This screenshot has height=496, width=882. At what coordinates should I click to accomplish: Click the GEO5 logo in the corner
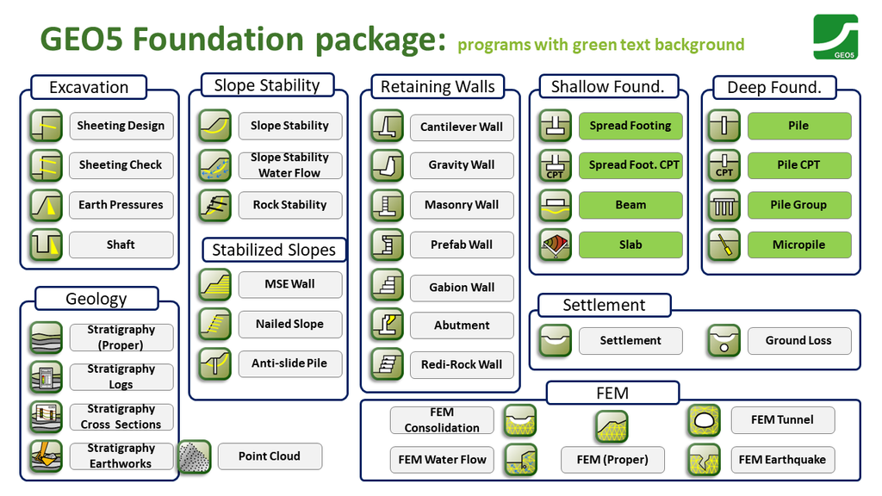coord(835,37)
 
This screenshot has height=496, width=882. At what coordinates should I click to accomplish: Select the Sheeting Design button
coord(121,126)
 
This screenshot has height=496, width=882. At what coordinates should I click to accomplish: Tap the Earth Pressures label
coord(121,205)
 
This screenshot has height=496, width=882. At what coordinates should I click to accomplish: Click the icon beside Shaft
coord(46,245)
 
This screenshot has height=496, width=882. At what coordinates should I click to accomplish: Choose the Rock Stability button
coord(289,205)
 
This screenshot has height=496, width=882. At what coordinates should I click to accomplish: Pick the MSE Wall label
coord(289,284)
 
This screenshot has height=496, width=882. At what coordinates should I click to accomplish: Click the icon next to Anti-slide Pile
coord(214,364)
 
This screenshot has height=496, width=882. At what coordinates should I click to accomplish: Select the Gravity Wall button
coord(462,165)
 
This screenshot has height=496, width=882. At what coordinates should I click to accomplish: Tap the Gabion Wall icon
coord(387,285)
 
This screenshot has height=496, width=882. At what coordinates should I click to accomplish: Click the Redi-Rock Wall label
coord(462,364)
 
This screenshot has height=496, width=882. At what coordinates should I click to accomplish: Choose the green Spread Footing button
coord(630,126)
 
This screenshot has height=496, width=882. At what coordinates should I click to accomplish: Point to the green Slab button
coord(630,245)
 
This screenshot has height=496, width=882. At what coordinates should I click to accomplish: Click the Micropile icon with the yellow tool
coord(724,245)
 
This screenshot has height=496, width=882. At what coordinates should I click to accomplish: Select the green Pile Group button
coord(798,205)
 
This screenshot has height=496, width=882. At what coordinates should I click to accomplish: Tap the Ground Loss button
coord(798,341)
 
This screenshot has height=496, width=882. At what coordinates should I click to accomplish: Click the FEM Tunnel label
coord(782,420)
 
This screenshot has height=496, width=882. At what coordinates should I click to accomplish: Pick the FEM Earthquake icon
coord(704,460)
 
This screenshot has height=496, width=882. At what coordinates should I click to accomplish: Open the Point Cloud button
coord(270,456)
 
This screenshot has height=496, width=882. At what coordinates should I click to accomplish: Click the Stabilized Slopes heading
coord(274,251)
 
